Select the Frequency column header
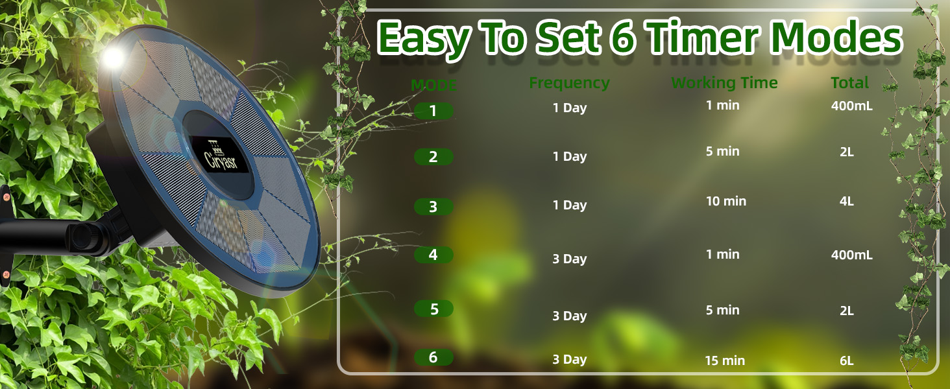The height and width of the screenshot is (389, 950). (x=569, y=83)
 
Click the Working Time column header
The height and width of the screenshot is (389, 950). (x=724, y=83)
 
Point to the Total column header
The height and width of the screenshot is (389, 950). (x=849, y=83)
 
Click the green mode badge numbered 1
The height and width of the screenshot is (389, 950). (x=433, y=111)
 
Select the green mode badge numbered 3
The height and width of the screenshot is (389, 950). (x=433, y=207)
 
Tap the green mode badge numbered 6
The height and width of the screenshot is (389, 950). (x=433, y=357)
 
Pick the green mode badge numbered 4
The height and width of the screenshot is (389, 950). (x=433, y=255)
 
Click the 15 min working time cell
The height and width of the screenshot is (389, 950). (x=725, y=360)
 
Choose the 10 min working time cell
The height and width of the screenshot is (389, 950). (x=725, y=201)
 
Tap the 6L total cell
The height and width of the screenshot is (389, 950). (x=846, y=360)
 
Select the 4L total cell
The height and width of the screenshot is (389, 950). (x=846, y=201)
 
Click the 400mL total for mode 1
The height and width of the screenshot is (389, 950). (x=851, y=106)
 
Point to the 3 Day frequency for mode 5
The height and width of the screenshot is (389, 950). (x=569, y=316)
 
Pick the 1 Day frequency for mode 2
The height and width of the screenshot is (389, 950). (x=569, y=156)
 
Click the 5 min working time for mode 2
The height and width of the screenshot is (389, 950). (x=722, y=151)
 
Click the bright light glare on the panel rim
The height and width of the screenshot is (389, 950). (x=113, y=57)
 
